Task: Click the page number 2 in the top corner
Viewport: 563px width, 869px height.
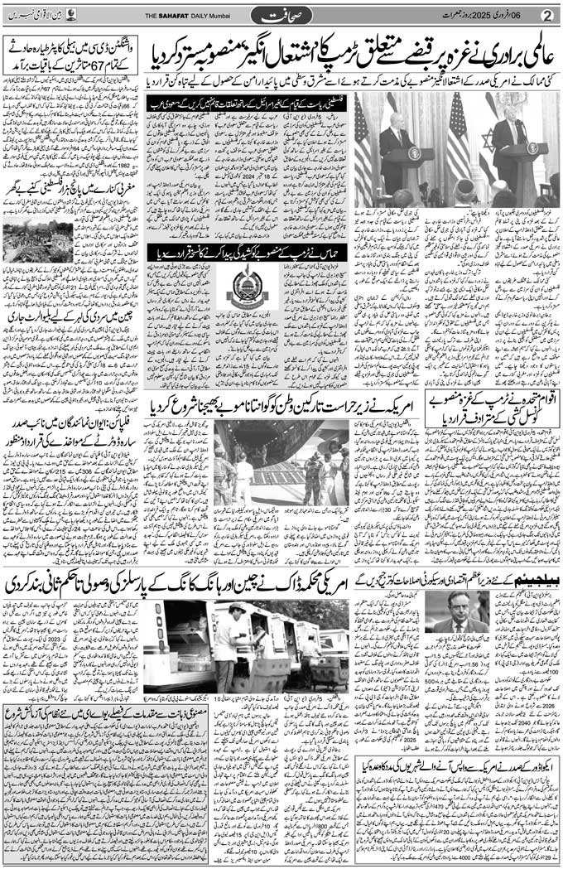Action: coord(546,15)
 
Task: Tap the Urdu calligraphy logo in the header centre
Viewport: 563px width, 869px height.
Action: coord(280,15)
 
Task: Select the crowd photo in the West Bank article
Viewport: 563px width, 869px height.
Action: coord(37,243)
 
